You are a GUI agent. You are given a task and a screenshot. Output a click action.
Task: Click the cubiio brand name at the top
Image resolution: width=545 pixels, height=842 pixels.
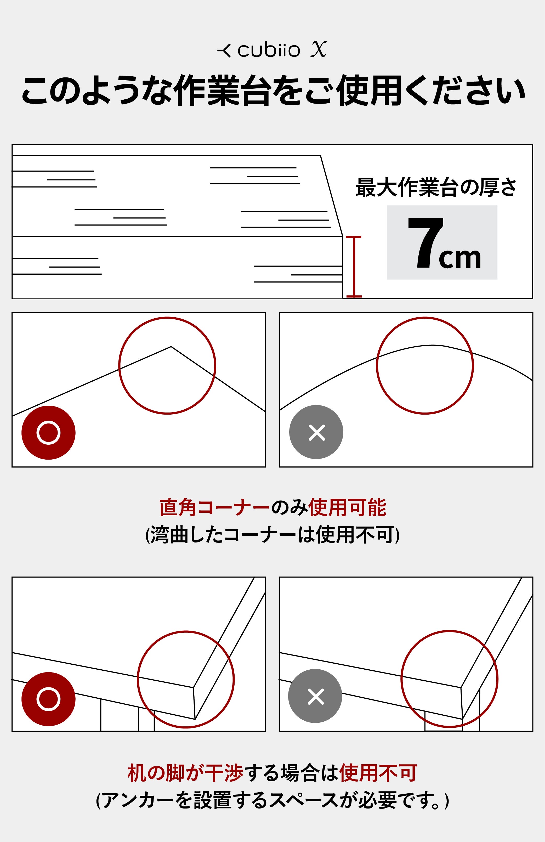pyautogui.click(x=269, y=50)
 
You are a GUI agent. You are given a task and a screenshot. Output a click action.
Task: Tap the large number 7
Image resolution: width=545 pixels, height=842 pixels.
pyautogui.click(x=425, y=243)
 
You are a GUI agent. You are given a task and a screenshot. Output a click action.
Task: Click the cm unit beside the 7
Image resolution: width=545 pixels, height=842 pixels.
pyautogui.click(x=460, y=258)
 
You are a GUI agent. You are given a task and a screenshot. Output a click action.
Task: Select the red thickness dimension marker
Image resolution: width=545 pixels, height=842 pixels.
pyautogui.click(x=354, y=266)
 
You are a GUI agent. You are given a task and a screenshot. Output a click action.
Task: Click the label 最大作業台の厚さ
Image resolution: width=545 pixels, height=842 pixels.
pyautogui.click(x=436, y=188)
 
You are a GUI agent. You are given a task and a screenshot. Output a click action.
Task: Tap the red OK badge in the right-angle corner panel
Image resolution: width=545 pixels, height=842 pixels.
pyautogui.click(x=48, y=433)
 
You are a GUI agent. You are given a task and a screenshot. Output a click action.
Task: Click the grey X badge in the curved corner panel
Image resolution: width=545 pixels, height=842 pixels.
pyautogui.click(x=316, y=432)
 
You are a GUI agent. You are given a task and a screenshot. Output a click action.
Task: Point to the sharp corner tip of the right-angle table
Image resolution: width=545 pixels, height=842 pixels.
pyautogui.click(x=171, y=347)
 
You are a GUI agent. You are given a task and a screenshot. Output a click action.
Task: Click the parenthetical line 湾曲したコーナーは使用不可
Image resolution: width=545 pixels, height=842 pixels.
pyautogui.click(x=272, y=535)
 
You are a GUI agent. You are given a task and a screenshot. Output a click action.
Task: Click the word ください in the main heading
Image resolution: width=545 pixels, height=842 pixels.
pyautogui.click(x=465, y=91)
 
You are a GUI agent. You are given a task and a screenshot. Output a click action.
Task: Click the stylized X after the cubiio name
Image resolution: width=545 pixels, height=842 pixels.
pyautogui.click(x=319, y=49)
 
